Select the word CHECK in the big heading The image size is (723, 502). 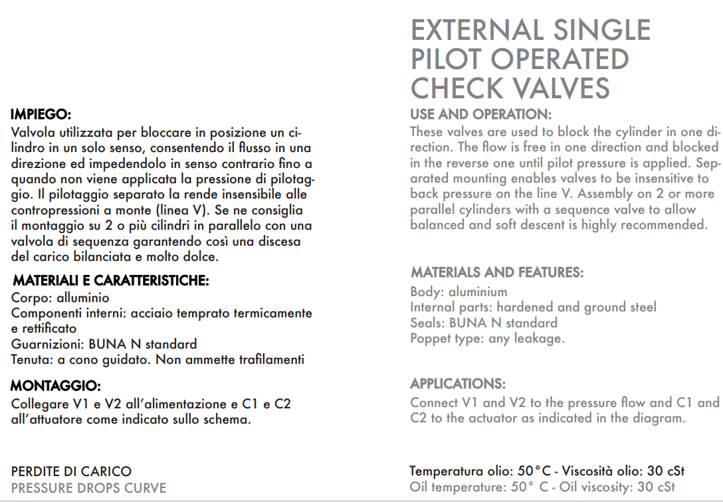[x=456, y=88]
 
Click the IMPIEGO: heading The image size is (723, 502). [x=41, y=114]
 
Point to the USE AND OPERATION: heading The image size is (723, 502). [x=480, y=114]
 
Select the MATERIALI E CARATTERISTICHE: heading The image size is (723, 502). [x=111, y=280]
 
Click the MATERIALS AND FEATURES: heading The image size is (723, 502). [x=497, y=272]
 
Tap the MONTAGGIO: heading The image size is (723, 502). [x=56, y=386]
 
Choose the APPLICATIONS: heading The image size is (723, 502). [x=458, y=384]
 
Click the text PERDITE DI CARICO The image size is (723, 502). [x=71, y=472]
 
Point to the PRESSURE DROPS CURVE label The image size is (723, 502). [x=88, y=489]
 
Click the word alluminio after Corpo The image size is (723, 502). [x=83, y=297]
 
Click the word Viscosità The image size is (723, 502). [x=589, y=471]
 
